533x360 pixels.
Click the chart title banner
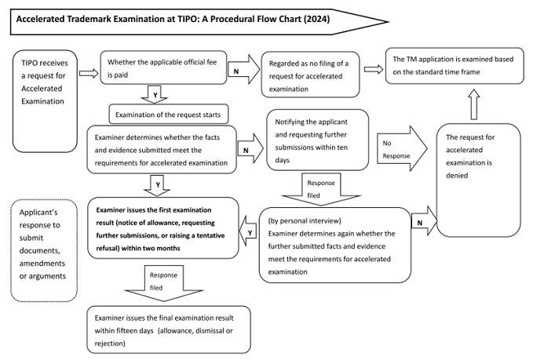(x=199, y=22)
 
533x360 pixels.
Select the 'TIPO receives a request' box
(x=45, y=101)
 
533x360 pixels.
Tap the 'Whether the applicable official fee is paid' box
(x=163, y=67)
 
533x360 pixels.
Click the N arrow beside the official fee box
(x=243, y=69)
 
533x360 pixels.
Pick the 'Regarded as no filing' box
(x=310, y=75)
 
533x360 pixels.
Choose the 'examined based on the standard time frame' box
(x=455, y=66)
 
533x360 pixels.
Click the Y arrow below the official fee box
(x=155, y=95)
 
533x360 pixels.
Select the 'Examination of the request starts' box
(x=169, y=114)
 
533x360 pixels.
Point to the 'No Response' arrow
(x=402, y=148)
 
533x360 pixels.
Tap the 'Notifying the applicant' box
(x=317, y=140)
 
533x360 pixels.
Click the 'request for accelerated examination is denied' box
(x=478, y=180)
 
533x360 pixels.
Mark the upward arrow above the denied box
(x=474, y=104)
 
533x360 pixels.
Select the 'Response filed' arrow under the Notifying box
(x=321, y=190)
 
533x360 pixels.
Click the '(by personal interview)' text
(x=305, y=220)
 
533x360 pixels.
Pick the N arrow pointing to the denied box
(x=424, y=220)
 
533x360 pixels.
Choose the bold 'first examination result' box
(x=163, y=228)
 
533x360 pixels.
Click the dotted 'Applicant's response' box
(x=44, y=251)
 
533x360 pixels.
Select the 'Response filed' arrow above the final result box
(x=164, y=284)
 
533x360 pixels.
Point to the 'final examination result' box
(x=169, y=329)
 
